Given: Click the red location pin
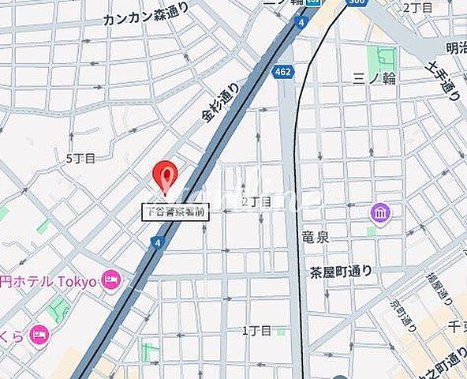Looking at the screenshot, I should [166, 175].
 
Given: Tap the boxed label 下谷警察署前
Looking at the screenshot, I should [175, 211].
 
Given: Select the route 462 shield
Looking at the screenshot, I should [282, 72].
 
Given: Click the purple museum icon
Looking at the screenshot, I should [381, 213].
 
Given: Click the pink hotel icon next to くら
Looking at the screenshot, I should [39, 335].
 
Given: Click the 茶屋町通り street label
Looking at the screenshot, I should [341, 272].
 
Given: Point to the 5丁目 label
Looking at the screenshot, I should [80, 158].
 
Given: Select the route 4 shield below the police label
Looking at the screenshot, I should [160, 242].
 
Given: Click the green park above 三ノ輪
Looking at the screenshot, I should [385, 55].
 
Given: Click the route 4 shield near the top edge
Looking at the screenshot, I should [301, 23].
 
